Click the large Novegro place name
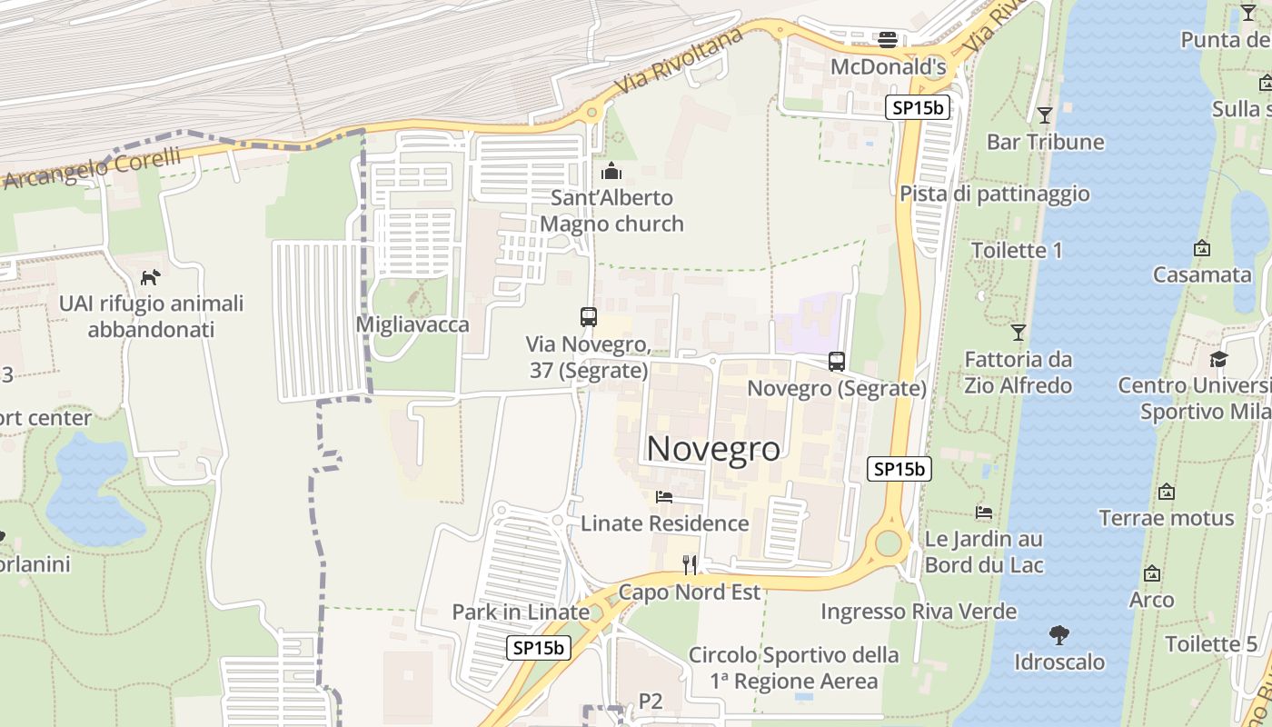(713, 448)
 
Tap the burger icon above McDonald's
(888, 39)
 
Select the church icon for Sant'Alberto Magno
(611, 171)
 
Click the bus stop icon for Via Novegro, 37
(588, 317)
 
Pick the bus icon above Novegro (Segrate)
(837, 362)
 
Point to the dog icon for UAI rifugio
(151, 276)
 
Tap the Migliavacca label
(412, 324)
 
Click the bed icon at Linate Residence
(664, 496)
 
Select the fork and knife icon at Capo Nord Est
(690, 565)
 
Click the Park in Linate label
(521, 612)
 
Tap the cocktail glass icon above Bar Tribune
(1045, 115)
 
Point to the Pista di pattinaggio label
(994, 194)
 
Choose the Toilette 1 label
(1016, 250)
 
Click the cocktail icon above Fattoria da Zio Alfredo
(1019, 333)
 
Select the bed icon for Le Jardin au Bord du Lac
(984, 512)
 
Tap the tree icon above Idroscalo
(1058, 634)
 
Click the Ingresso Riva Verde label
(919, 612)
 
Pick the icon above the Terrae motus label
(1167, 492)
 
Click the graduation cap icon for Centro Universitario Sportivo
(1218, 359)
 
